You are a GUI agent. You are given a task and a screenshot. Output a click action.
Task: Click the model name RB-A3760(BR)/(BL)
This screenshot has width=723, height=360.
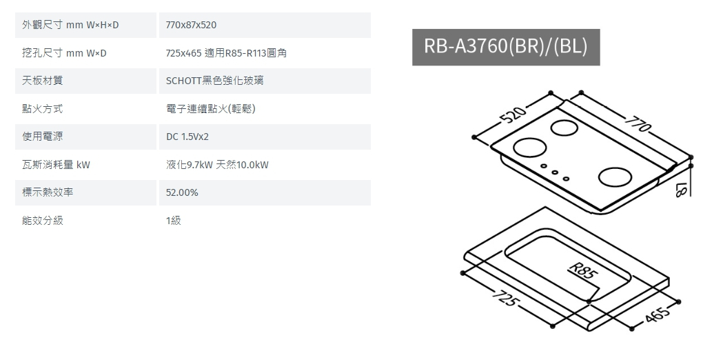click(505, 46)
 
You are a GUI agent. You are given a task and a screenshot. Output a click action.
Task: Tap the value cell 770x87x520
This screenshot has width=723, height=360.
click(192, 25)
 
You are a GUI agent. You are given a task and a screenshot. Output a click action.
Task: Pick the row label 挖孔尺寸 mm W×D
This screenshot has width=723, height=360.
click(65, 53)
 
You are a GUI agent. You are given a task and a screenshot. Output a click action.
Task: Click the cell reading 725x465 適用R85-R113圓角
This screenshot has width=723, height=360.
click(226, 53)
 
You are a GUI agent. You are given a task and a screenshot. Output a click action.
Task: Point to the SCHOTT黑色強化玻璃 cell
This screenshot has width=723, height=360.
click(214, 81)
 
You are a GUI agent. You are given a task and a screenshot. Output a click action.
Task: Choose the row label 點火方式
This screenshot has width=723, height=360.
click(43, 109)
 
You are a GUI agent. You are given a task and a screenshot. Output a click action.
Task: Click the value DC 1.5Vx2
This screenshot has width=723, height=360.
click(187, 137)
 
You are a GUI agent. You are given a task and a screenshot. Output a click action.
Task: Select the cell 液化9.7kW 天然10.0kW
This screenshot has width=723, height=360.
click(217, 165)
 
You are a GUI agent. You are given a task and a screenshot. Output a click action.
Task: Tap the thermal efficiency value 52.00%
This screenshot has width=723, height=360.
click(182, 192)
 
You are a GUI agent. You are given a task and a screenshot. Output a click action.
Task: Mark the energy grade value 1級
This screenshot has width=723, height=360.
click(173, 221)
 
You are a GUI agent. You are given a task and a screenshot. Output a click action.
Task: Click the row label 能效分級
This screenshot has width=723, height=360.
click(43, 221)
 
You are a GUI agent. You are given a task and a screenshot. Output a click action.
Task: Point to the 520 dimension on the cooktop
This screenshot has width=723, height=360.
click(511, 116)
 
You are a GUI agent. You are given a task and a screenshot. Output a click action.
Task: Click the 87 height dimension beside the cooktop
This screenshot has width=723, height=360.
click(683, 188)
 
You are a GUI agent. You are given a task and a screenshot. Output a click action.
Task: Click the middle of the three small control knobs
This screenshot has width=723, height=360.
click(554, 174)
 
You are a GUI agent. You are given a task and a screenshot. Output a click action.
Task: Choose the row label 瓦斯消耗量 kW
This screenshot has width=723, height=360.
click(57, 165)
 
